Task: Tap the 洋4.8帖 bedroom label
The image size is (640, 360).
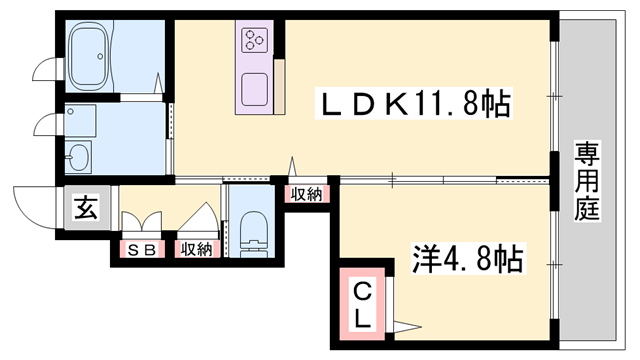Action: coord(468,260)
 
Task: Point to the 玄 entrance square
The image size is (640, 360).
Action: coord(86,209)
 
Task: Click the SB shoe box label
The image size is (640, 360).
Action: coord(140,250)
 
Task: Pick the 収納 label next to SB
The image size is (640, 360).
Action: coord(196,250)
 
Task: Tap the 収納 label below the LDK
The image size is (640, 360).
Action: coord(308,194)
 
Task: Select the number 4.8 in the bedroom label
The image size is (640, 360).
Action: coord(470,260)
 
